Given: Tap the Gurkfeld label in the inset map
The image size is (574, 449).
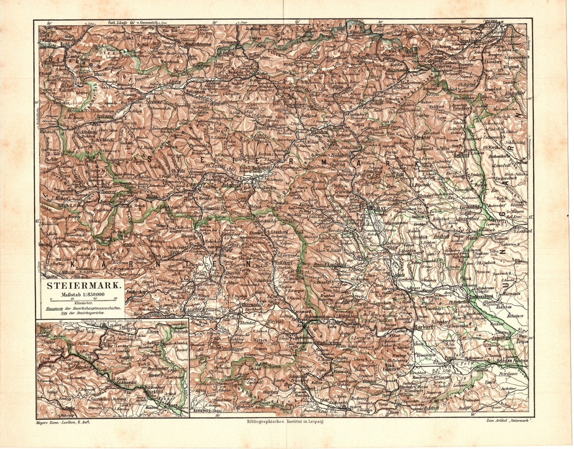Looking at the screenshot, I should coord(154,392).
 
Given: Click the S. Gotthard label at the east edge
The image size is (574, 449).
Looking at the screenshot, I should coord(522,231).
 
